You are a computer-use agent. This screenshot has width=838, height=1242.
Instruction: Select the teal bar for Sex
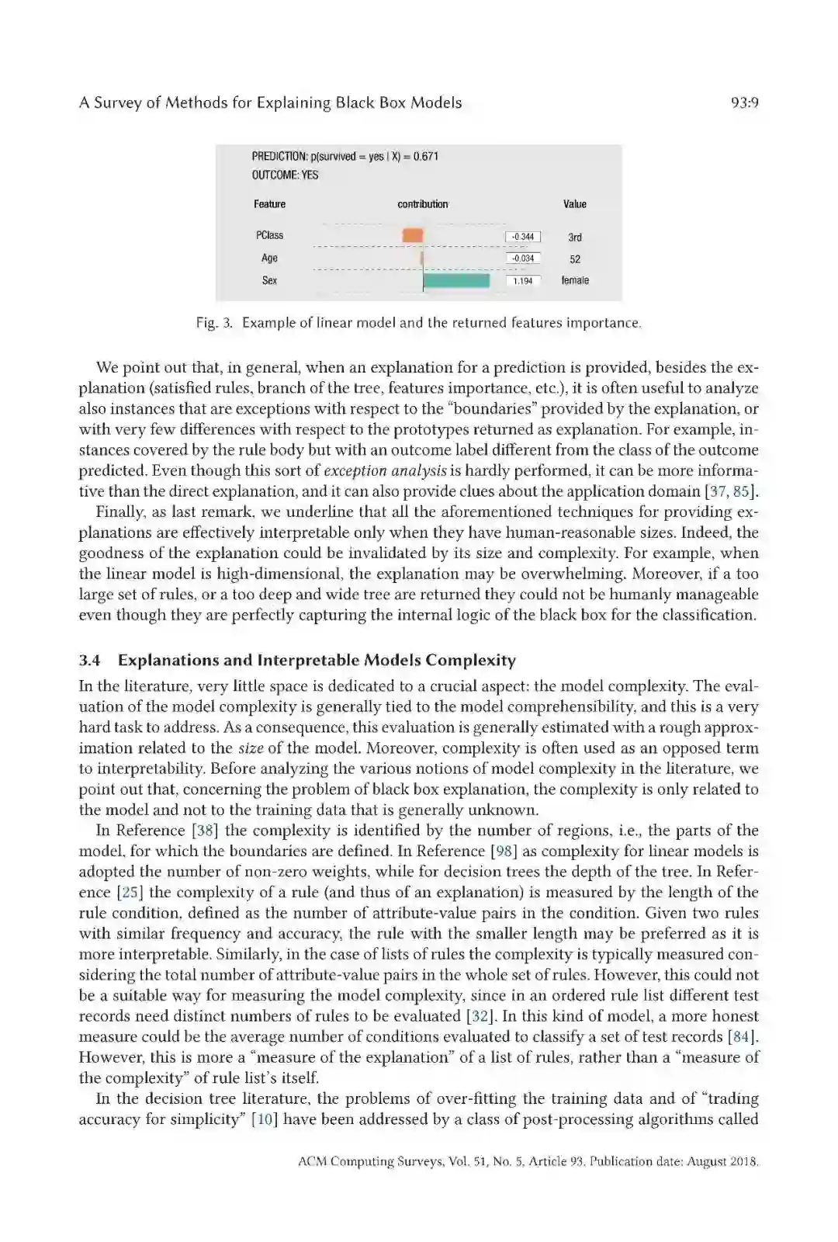coord(456,280)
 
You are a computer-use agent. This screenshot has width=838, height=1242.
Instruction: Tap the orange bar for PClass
coord(413,235)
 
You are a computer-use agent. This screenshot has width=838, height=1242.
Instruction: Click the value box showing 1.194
coord(523,281)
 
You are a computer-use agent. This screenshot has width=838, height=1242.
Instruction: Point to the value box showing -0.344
coord(523,237)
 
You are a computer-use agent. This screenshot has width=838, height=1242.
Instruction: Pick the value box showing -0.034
coord(523,258)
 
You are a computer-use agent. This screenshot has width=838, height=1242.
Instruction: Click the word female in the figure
coord(575,280)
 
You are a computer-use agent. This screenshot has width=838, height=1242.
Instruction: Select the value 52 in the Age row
coord(575,259)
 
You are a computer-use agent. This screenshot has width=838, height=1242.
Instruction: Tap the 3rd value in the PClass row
coord(575,238)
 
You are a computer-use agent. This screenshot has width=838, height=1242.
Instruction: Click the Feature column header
coord(269,204)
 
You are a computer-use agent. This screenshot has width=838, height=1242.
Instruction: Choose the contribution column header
coord(423,204)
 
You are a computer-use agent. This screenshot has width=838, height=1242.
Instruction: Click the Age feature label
coord(269,258)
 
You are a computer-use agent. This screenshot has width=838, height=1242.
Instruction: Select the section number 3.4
coord(89,661)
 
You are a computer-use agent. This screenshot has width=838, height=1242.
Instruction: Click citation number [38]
coord(205,831)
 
